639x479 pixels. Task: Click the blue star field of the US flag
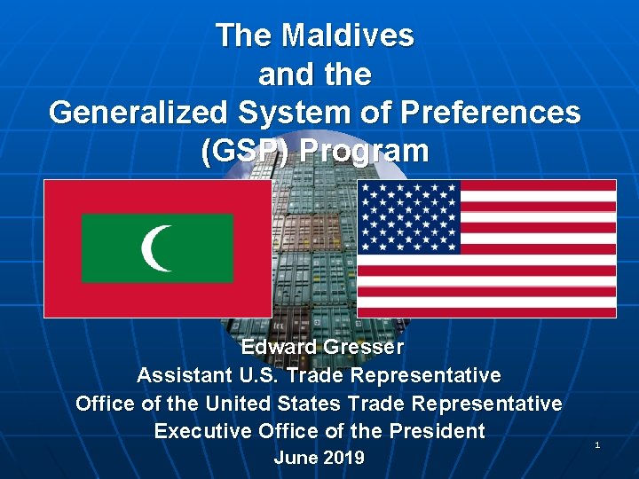pyautogui.click(x=408, y=216)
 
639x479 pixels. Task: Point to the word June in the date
pyautogui.click(x=296, y=458)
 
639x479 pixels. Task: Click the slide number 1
pyautogui.click(x=597, y=444)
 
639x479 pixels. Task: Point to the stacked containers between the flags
pyautogui.click(x=314, y=257)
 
